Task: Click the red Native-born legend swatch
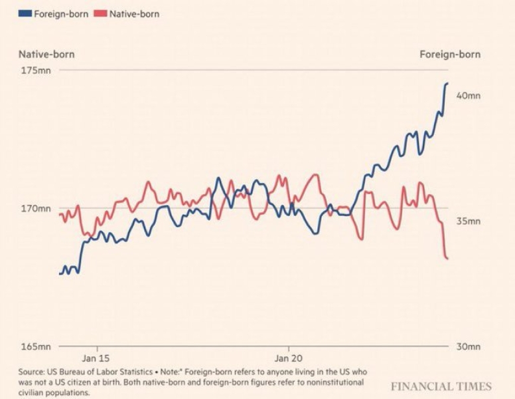click(100, 13)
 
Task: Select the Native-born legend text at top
click(135, 13)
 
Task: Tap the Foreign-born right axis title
click(449, 55)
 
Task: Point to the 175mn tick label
click(36, 70)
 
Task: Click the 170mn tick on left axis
click(36, 209)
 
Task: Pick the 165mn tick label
click(36, 346)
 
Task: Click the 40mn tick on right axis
click(469, 96)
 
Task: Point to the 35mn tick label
click(469, 221)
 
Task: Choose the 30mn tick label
click(469, 346)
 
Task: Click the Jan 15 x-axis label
click(97, 357)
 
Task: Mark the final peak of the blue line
click(447, 83)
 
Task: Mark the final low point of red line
click(448, 258)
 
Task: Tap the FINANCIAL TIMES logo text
click(441, 386)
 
